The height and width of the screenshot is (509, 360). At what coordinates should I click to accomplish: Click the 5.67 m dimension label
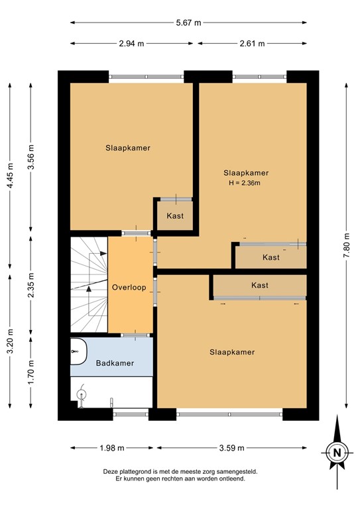coord(188,22)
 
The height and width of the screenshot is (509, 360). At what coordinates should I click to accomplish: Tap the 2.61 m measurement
coord(252,44)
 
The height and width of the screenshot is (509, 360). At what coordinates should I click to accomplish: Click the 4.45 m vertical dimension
coord(9,176)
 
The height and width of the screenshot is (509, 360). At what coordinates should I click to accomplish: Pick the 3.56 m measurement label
coord(31,157)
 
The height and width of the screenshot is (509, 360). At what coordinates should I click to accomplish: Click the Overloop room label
coord(129,288)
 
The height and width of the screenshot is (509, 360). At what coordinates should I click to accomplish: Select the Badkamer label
coord(115,363)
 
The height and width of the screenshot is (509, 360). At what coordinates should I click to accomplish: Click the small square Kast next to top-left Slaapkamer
coord(175,215)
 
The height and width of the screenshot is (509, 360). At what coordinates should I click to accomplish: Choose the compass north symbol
coord(337,453)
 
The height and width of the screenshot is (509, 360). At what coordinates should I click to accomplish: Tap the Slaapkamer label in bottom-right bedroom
coord(232,352)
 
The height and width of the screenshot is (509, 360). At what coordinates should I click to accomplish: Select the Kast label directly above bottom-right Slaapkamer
coord(260,285)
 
